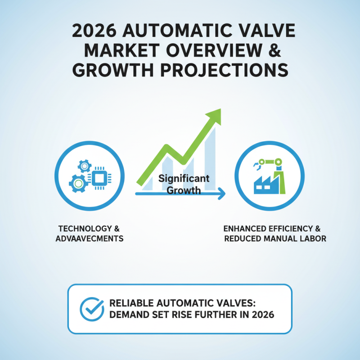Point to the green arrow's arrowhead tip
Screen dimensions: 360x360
220,110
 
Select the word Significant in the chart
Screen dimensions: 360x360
184,179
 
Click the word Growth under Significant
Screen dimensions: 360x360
184,190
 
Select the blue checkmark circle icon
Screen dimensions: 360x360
92,308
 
